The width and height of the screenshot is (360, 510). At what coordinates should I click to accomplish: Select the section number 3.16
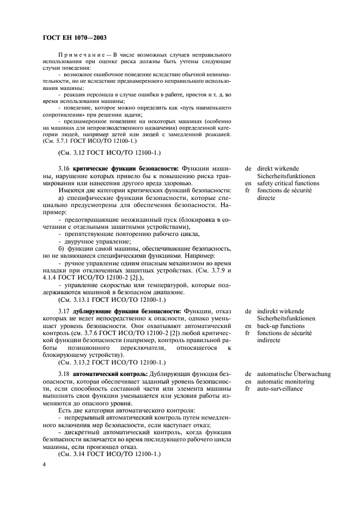click(64, 168)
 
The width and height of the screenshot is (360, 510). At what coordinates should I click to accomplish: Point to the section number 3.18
click(64, 374)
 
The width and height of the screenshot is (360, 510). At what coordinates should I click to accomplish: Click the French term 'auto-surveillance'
click(280, 389)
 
